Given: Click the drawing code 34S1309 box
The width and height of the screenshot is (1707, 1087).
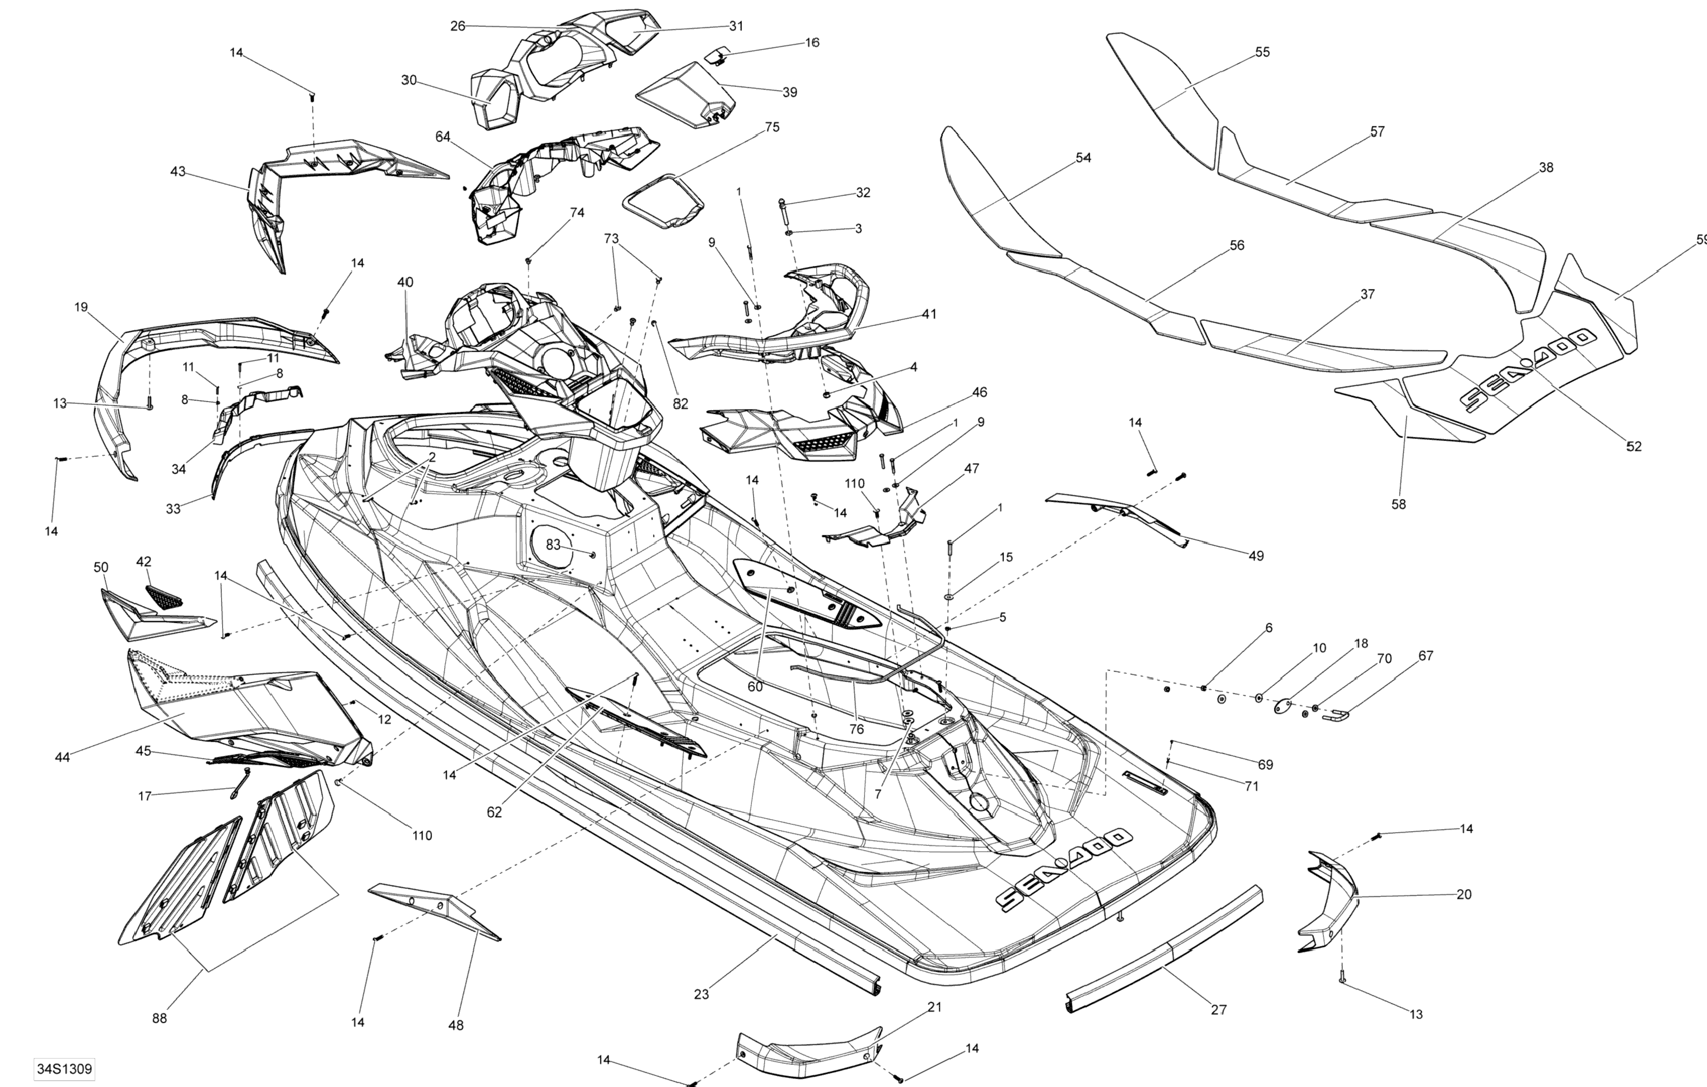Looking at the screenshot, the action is point(65,1068).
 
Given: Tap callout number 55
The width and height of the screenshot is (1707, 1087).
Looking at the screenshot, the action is point(1262,52).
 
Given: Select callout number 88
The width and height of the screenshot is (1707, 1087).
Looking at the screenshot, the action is point(159,1018).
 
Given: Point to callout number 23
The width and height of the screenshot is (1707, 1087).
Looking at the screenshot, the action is point(701,994).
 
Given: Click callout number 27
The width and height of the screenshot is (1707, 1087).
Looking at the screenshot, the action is point(1219,1009).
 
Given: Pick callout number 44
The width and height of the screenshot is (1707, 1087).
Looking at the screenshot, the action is point(63,757).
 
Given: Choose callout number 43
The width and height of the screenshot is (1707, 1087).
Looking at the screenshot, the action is point(178,172).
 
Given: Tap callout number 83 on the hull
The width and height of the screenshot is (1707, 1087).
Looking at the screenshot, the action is point(553,545).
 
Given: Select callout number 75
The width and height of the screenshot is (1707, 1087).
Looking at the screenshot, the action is point(772,127).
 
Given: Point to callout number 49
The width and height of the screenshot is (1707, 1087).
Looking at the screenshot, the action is point(1256,556).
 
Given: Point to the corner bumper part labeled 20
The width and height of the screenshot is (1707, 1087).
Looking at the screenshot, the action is point(1327,901).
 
